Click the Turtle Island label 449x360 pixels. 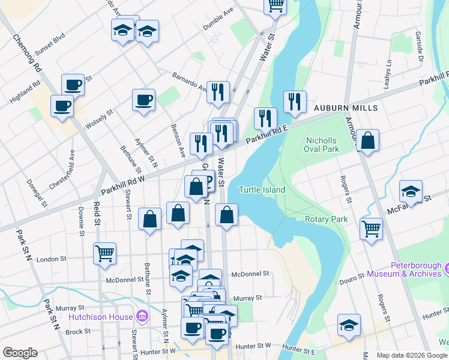262,190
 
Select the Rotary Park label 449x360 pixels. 326,220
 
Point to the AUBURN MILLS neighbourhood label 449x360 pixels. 345,108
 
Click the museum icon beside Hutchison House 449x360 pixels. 141,315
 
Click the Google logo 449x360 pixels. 20,353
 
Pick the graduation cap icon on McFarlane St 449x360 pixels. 411,191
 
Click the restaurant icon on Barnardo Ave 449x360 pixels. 218,91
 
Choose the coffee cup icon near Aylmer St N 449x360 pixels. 143,100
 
